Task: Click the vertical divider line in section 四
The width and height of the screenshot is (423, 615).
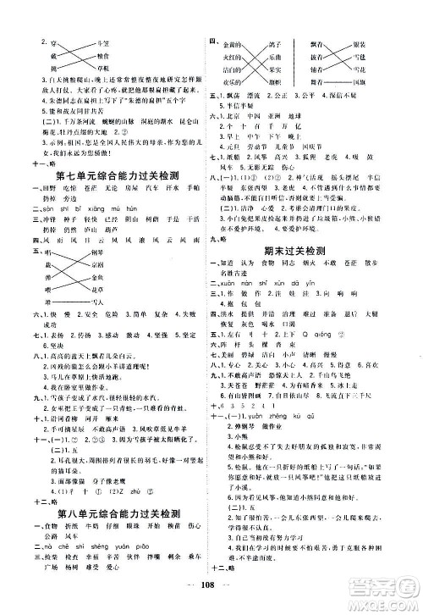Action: [x=296, y=61]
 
